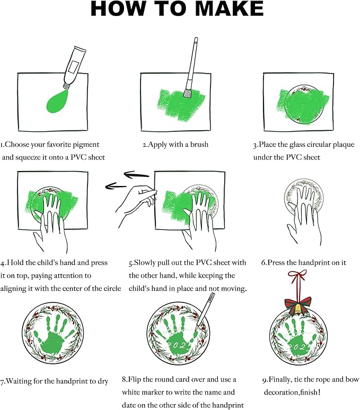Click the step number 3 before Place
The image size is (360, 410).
(256, 144)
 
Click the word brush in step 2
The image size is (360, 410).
(198, 144)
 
